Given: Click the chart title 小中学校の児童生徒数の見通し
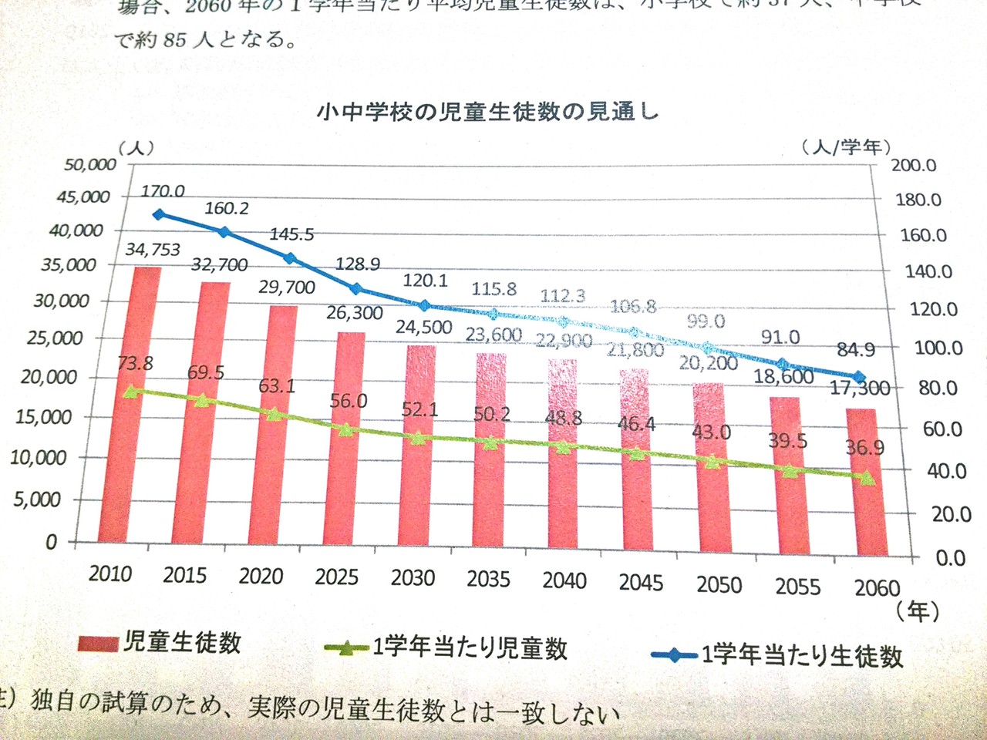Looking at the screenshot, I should (487, 112).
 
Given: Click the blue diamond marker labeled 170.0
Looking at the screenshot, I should (158, 214).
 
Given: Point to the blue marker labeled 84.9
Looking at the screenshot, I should (859, 377).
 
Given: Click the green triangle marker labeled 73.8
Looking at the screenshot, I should (132, 391).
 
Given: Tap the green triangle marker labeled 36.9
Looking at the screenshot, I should (867, 479).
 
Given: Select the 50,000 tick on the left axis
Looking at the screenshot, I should (90, 164).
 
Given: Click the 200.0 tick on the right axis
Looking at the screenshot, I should (914, 166).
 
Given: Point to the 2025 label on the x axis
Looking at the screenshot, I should (336, 577).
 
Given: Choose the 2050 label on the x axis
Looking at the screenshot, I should (719, 585).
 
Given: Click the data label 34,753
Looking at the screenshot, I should (153, 249).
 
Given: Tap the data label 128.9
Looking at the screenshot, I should (357, 264).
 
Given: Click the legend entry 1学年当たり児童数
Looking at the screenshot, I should (470, 647).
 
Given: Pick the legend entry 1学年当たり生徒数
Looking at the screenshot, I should (802, 655).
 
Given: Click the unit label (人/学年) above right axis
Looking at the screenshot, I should (846, 146).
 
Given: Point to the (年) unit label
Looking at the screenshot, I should (918, 611).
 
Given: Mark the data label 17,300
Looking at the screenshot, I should (859, 389).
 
